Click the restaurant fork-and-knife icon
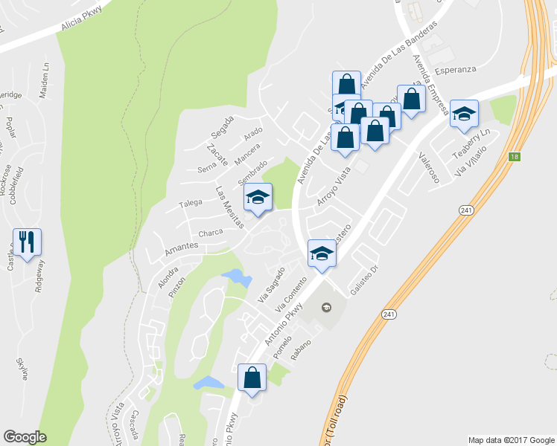click(27, 242)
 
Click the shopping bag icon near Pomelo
click(252, 378)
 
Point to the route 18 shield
click(515, 156)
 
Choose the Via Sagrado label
click(271, 285)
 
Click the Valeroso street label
click(429, 167)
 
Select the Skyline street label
click(22, 368)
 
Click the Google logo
click(25, 436)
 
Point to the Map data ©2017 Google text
click(511, 439)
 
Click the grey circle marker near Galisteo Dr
click(325, 306)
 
